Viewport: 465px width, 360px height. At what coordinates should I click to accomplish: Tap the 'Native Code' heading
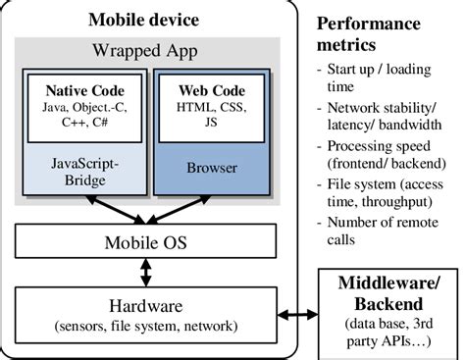80,89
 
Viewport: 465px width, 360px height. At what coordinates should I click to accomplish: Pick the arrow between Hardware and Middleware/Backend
297,316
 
